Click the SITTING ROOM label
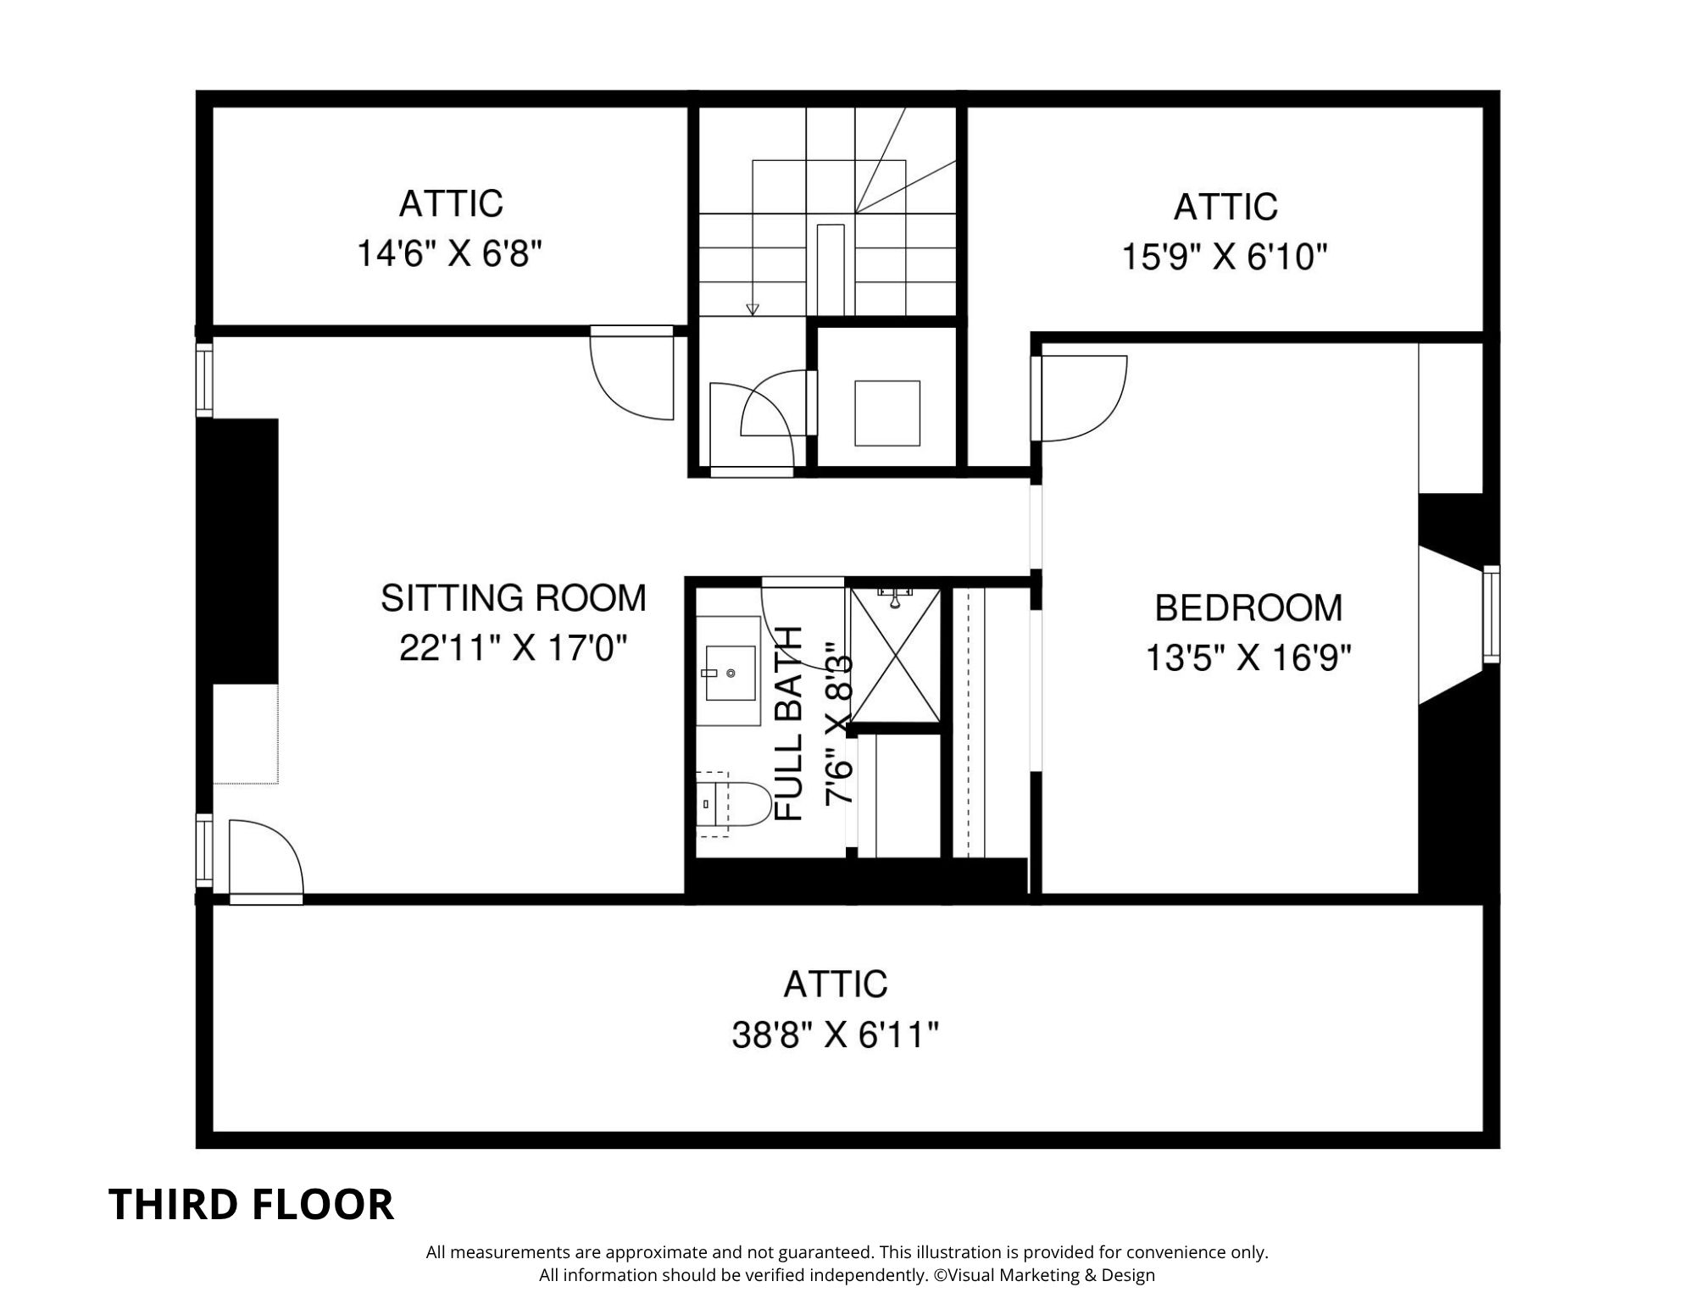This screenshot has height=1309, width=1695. (x=513, y=598)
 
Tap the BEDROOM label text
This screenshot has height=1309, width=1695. (x=1248, y=608)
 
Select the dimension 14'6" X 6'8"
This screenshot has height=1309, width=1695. (x=448, y=253)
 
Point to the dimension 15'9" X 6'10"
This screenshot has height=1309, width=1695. (x=1224, y=256)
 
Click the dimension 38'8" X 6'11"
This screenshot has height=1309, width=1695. (x=835, y=1034)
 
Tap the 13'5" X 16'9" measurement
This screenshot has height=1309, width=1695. (x=1248, y=657)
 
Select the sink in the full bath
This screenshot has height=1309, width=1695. (x=730, y=673)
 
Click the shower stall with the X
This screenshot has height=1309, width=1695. (x=895, y=657)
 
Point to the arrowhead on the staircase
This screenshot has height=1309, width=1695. (x=753, y=310)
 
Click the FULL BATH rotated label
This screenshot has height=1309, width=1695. (x=789, y=724)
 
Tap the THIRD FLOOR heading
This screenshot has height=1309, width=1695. (x=252, y=1204)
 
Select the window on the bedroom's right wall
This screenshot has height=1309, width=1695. (x=1491, y=614)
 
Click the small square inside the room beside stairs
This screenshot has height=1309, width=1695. (x=886, y=413)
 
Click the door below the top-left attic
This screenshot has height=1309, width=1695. (x=632, y=374)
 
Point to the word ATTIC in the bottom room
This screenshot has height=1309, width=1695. (x=835, y=985)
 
